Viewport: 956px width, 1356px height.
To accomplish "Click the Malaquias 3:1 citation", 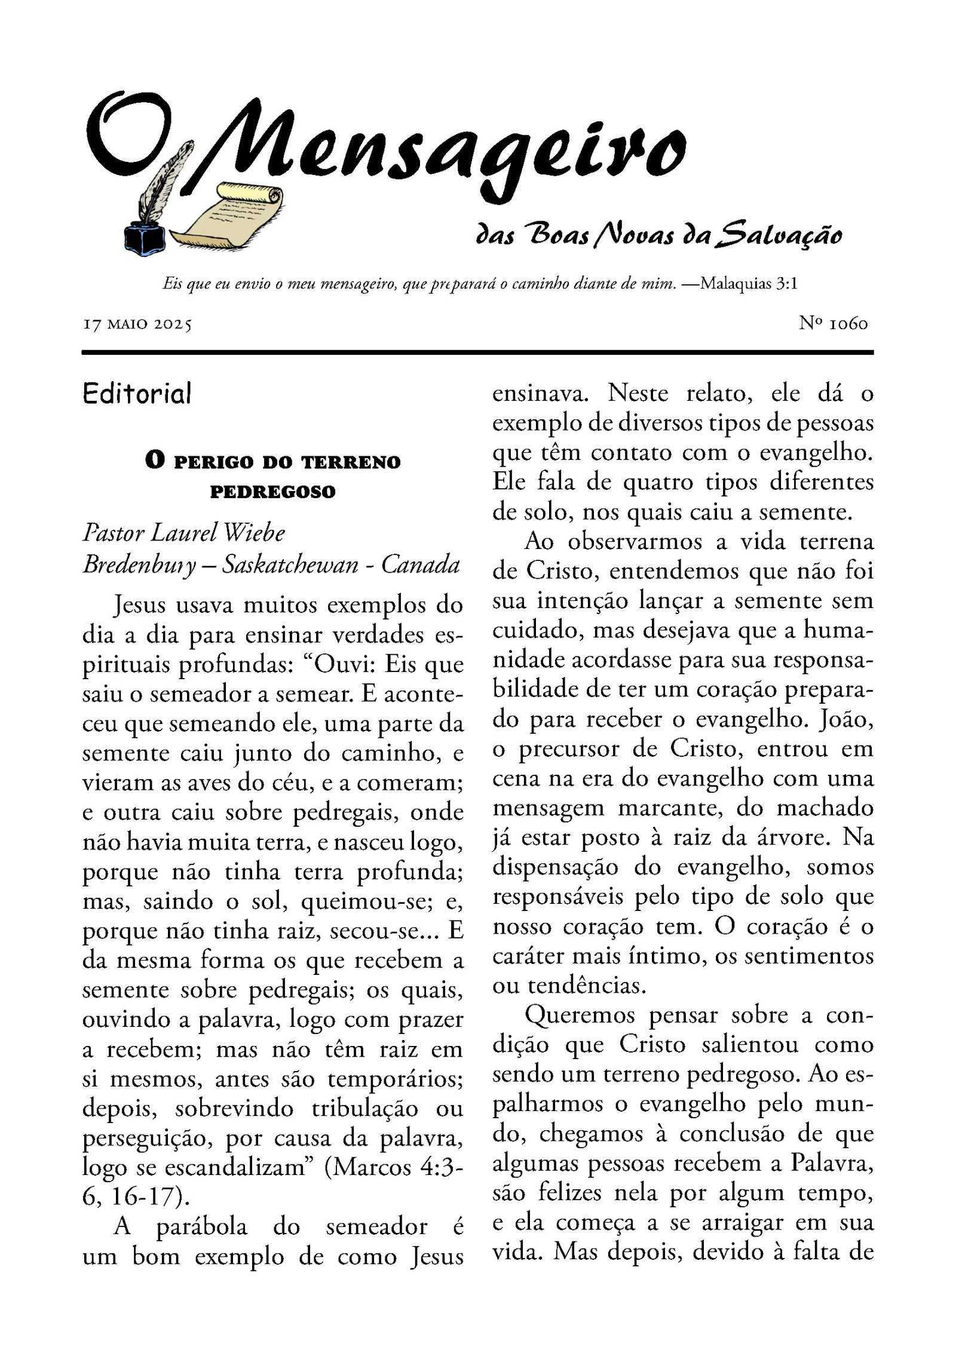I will pos(748,283).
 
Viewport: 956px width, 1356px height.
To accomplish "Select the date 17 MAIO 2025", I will pos(137,324).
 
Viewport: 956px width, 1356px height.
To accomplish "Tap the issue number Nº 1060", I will pos(833,323).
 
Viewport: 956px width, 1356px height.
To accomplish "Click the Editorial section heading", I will pos(137,394).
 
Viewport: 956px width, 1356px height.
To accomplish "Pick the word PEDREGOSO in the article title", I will pos(272,492).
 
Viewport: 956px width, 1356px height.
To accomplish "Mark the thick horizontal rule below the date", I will pos(477,352).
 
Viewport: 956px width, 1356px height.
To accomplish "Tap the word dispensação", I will pos(555,867).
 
